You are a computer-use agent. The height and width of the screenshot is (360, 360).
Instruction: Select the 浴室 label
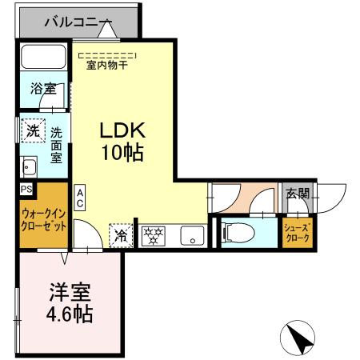pos(43,89)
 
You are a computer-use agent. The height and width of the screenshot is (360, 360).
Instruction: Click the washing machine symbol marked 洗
pos(31,130)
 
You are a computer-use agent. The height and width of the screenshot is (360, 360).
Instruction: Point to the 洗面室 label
pos(57,144)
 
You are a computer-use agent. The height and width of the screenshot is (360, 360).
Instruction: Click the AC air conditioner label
pos(81,198)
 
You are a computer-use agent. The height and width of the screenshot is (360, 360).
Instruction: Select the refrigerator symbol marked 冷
pos(120,235)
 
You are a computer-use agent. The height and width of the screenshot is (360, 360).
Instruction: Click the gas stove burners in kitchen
pos(153,235)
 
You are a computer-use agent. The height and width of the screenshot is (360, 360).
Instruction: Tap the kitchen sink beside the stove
pos(190,235)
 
